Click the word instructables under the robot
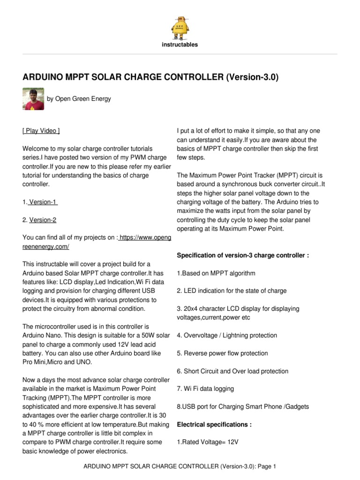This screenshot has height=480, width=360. point(180,45)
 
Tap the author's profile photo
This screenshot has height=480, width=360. point(33,98)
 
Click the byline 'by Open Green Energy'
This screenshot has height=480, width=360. point(79,98)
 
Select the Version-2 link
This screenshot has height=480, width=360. point(43,220)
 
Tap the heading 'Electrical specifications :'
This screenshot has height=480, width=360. point(214,425)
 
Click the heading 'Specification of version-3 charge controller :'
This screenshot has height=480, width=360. point(243,255)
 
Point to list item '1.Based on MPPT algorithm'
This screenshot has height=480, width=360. point(216,273)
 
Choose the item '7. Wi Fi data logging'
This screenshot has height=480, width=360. point(205,389)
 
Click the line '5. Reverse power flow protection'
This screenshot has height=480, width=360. point(222,353)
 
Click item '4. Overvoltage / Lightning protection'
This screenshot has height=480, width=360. point(227,336)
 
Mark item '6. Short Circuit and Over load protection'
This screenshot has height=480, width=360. point(232,371)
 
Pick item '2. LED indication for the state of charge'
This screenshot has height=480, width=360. point(232,291)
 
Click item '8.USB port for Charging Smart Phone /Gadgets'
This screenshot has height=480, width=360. point(243,407)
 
